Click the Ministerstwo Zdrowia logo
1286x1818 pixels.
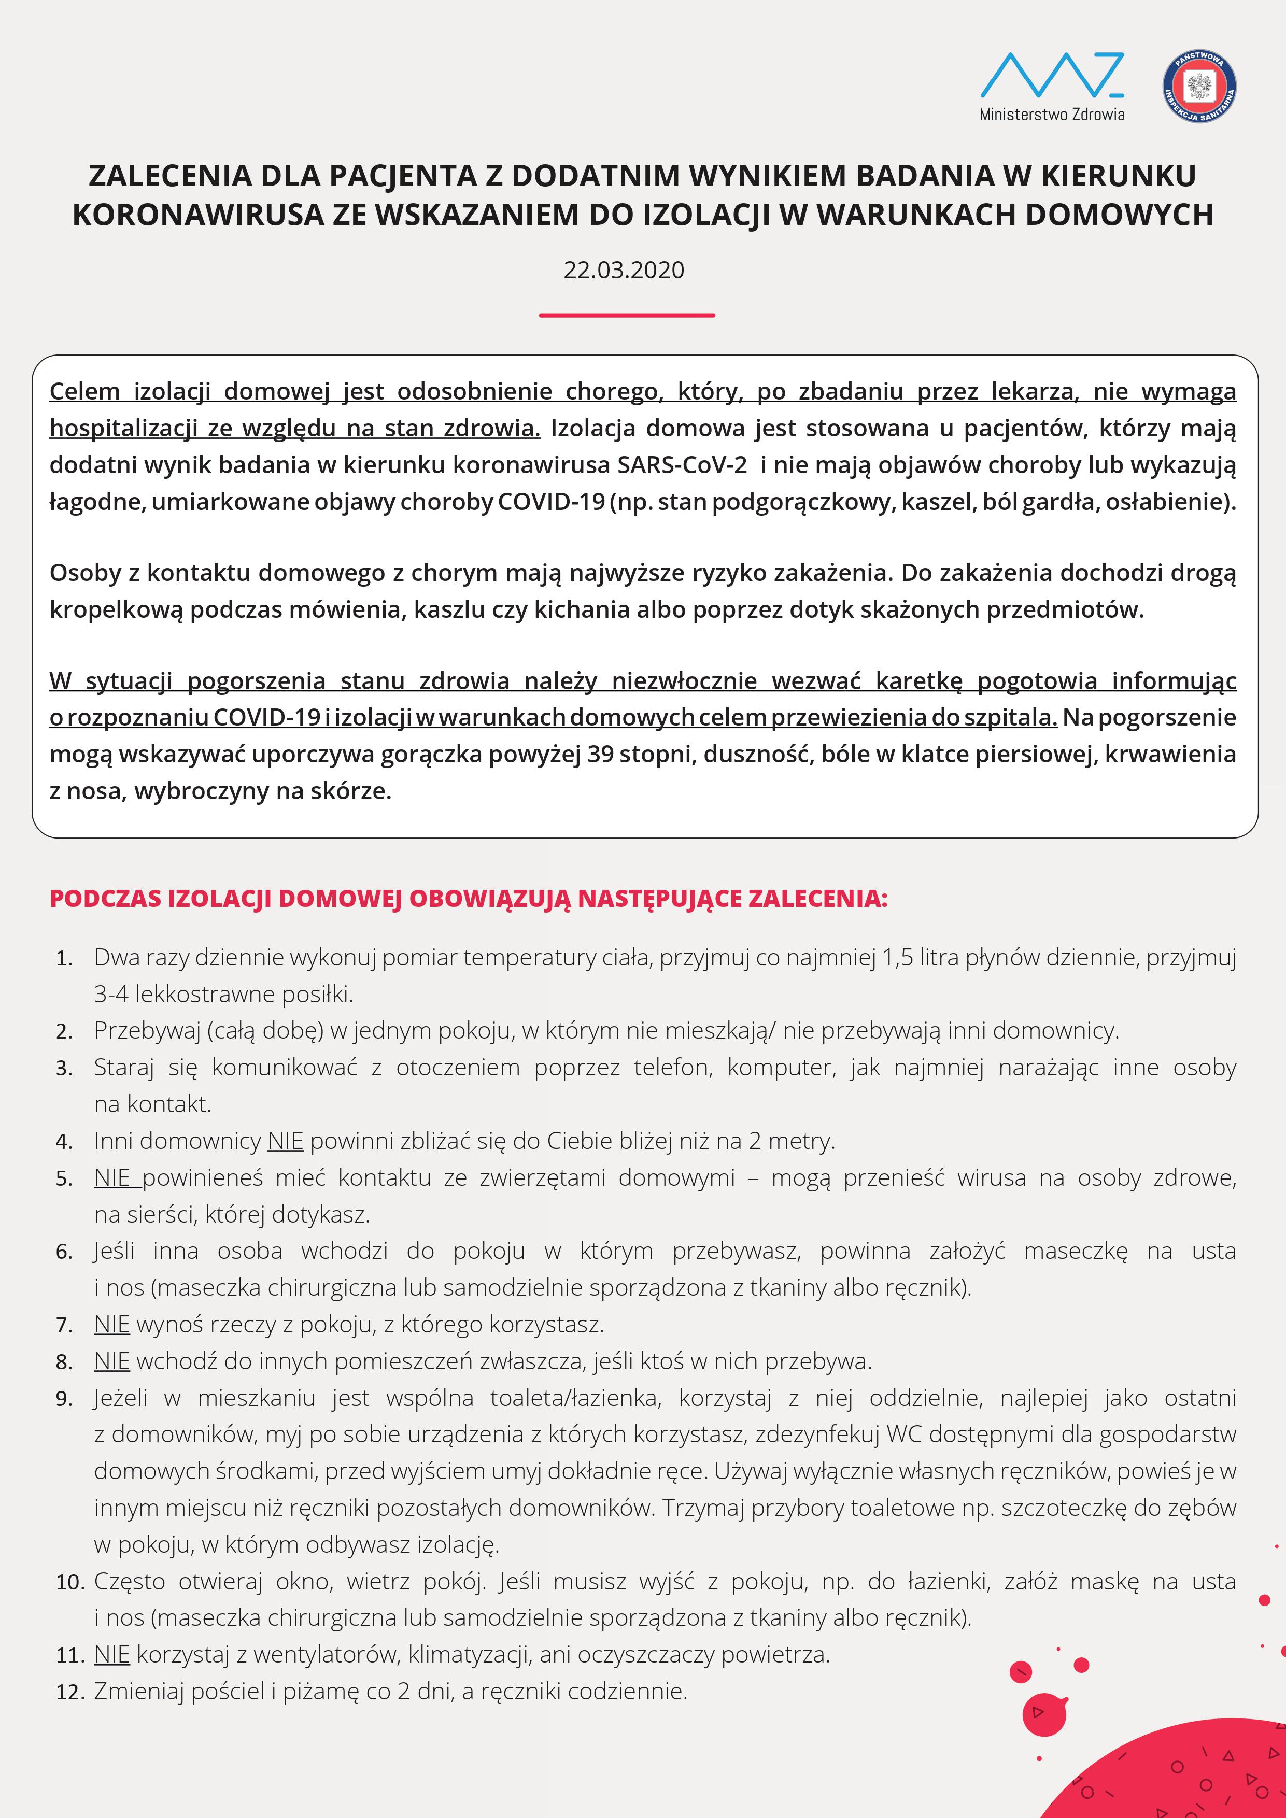(x=1052, y=86)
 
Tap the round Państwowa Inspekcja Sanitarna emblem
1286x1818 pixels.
(x=1199, y=87)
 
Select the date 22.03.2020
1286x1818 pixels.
(x=624, y=270)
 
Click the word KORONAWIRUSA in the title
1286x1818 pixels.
(x=198, y=215)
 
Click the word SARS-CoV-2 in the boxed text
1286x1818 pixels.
(x=682, y=465)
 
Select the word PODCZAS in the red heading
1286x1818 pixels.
(x=105, y=899)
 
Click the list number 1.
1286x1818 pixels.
(x=64, y=959)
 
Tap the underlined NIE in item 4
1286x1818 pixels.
(x=285, y=1141)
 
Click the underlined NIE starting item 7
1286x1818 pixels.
(x=111, y=1324)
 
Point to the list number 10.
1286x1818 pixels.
(x=69, y=1582)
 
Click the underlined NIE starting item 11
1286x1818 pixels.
(x=111, y=1654)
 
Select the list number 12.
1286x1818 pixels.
(x=69, y=1692)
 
